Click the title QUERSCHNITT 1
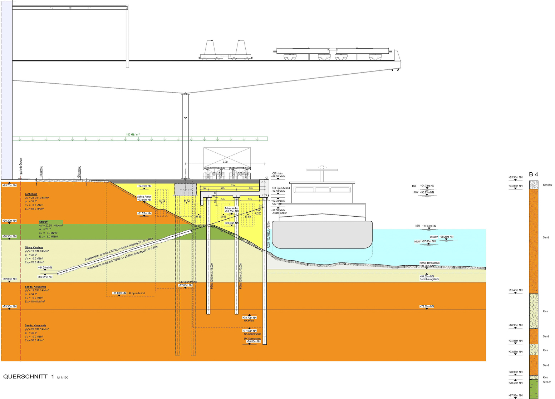point(29,376)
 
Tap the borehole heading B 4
point(533,174)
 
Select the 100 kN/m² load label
point(133,134)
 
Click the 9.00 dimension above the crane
point(225,162)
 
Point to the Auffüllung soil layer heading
point(31,194)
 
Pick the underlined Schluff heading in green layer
point(43,222)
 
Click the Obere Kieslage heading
point(34,247)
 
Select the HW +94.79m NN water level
point(423,186)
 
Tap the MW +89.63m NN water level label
point(426,226)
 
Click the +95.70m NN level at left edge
point(9,185)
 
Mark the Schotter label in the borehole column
point(547,185)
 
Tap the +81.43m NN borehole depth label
point(515,290)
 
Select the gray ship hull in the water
point(322,235)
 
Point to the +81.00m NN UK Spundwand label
point(119,293)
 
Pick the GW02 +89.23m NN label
point(442,237)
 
